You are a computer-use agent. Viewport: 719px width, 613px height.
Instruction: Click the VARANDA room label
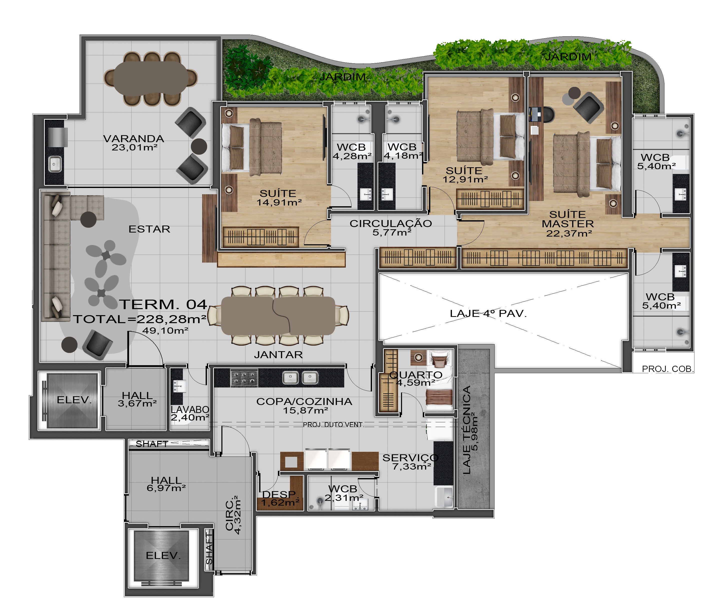pos(134,139)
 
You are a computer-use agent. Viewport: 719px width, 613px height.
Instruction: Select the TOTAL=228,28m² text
pos(140,319)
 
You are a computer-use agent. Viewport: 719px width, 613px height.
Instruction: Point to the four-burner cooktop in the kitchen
pos(244,378)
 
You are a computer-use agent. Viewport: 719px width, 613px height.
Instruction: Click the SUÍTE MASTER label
pos(568,219)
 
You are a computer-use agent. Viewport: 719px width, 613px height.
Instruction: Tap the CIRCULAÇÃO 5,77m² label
pos(391,228)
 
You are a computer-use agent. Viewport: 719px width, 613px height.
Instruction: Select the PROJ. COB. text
pos(667,369)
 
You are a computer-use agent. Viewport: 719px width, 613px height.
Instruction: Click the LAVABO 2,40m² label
pos(190,414)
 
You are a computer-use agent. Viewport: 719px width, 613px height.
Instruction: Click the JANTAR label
pos(278,355)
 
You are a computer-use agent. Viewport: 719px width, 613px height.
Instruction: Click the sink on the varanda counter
pos(55,164)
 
